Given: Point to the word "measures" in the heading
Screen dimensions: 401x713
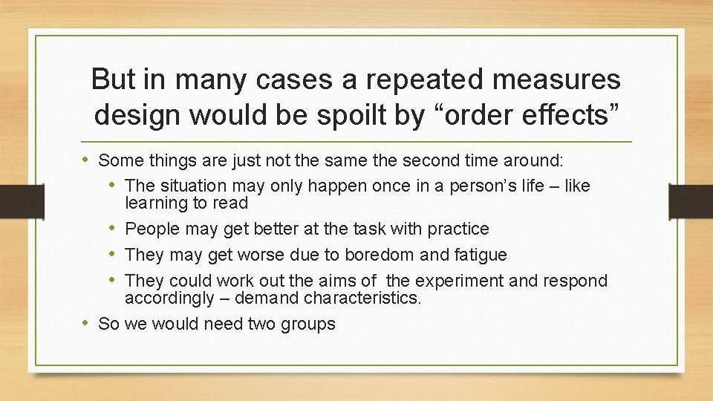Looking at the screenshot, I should coord(561,80).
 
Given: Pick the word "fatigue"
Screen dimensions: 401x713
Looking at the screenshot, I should coord(475,255).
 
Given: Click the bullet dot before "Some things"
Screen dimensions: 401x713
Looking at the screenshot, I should coord(88,159).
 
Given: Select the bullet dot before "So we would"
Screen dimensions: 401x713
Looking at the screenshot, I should coord(88,323).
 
